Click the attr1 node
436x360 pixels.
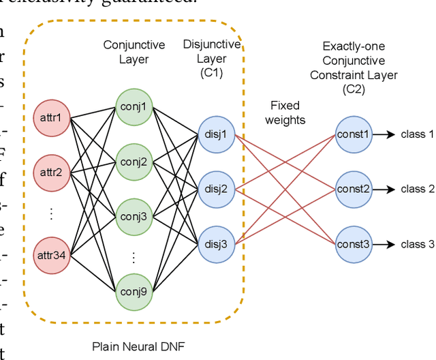click(50, 118)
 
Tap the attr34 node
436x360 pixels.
click(50, 254)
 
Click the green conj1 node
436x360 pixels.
click(134, 106)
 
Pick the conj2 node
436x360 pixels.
click(134, 162)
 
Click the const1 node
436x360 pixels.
click(354, 134)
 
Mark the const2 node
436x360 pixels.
click(354, 189)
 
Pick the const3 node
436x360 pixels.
click(354, 244)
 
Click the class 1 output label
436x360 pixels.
click(417, 134)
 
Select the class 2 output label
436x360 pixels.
click(417, 189)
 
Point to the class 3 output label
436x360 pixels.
click(417, 244)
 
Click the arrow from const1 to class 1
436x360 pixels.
click(384, 134)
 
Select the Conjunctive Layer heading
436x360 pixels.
click(134, 52)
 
